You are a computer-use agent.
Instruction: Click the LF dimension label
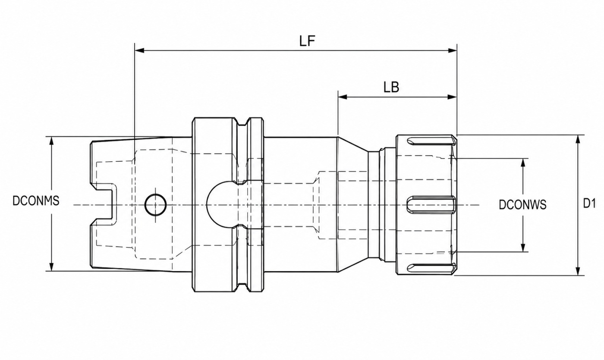[x=307, y=41]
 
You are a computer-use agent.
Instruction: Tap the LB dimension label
[x=391, y=87]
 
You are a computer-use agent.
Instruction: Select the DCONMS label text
[x=36, y=201]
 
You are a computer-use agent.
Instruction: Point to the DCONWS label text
[x=522, y=205]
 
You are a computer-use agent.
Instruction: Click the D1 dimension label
[x=589, y=203]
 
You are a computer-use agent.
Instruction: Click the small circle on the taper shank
[x=155, y=205]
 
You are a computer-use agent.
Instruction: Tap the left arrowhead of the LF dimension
[x=139, y=50]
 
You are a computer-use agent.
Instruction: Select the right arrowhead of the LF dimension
[x=452, y=50]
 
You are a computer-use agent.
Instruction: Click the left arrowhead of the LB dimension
[x=343, y=97]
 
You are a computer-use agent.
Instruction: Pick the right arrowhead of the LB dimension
[x=452, y=97]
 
